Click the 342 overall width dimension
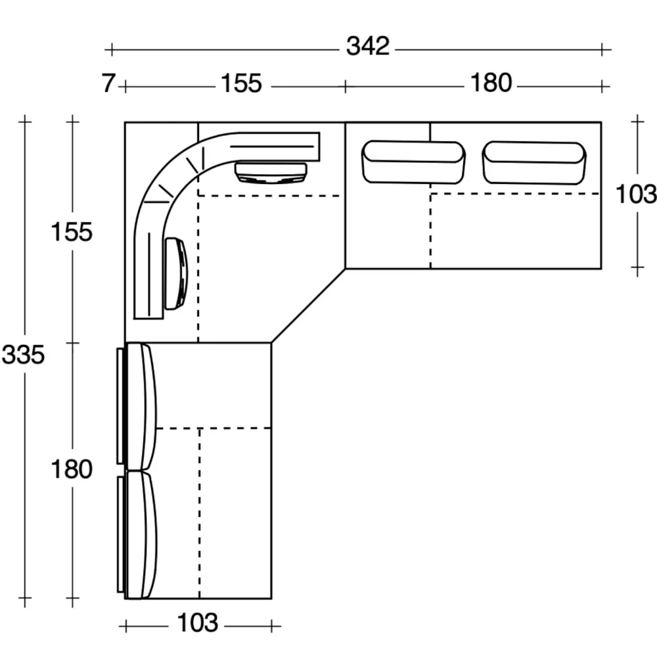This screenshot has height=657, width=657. pyautogui.click(x=367, y=46)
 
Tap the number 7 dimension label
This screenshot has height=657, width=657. pyautogui.click(x=108, y=83)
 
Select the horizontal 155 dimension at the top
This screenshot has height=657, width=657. pyautogui.click(x=241, y=83)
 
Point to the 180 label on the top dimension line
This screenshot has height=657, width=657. pyautogui.click(x=491, y=83)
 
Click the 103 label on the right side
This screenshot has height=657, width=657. pyautogui.click(x=635, y=194)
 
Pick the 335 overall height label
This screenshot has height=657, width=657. pyautogui.click(x=23, y=355)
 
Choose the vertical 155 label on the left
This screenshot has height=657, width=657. pyautogui.click(x=71, y=232)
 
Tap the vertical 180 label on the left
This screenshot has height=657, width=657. pyautogui.click(x=71, y=469)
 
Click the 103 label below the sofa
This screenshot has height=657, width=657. pyautogui.click(x=197, y=623)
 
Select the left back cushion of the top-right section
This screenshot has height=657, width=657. pyautogui.click(x=413, y=162)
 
